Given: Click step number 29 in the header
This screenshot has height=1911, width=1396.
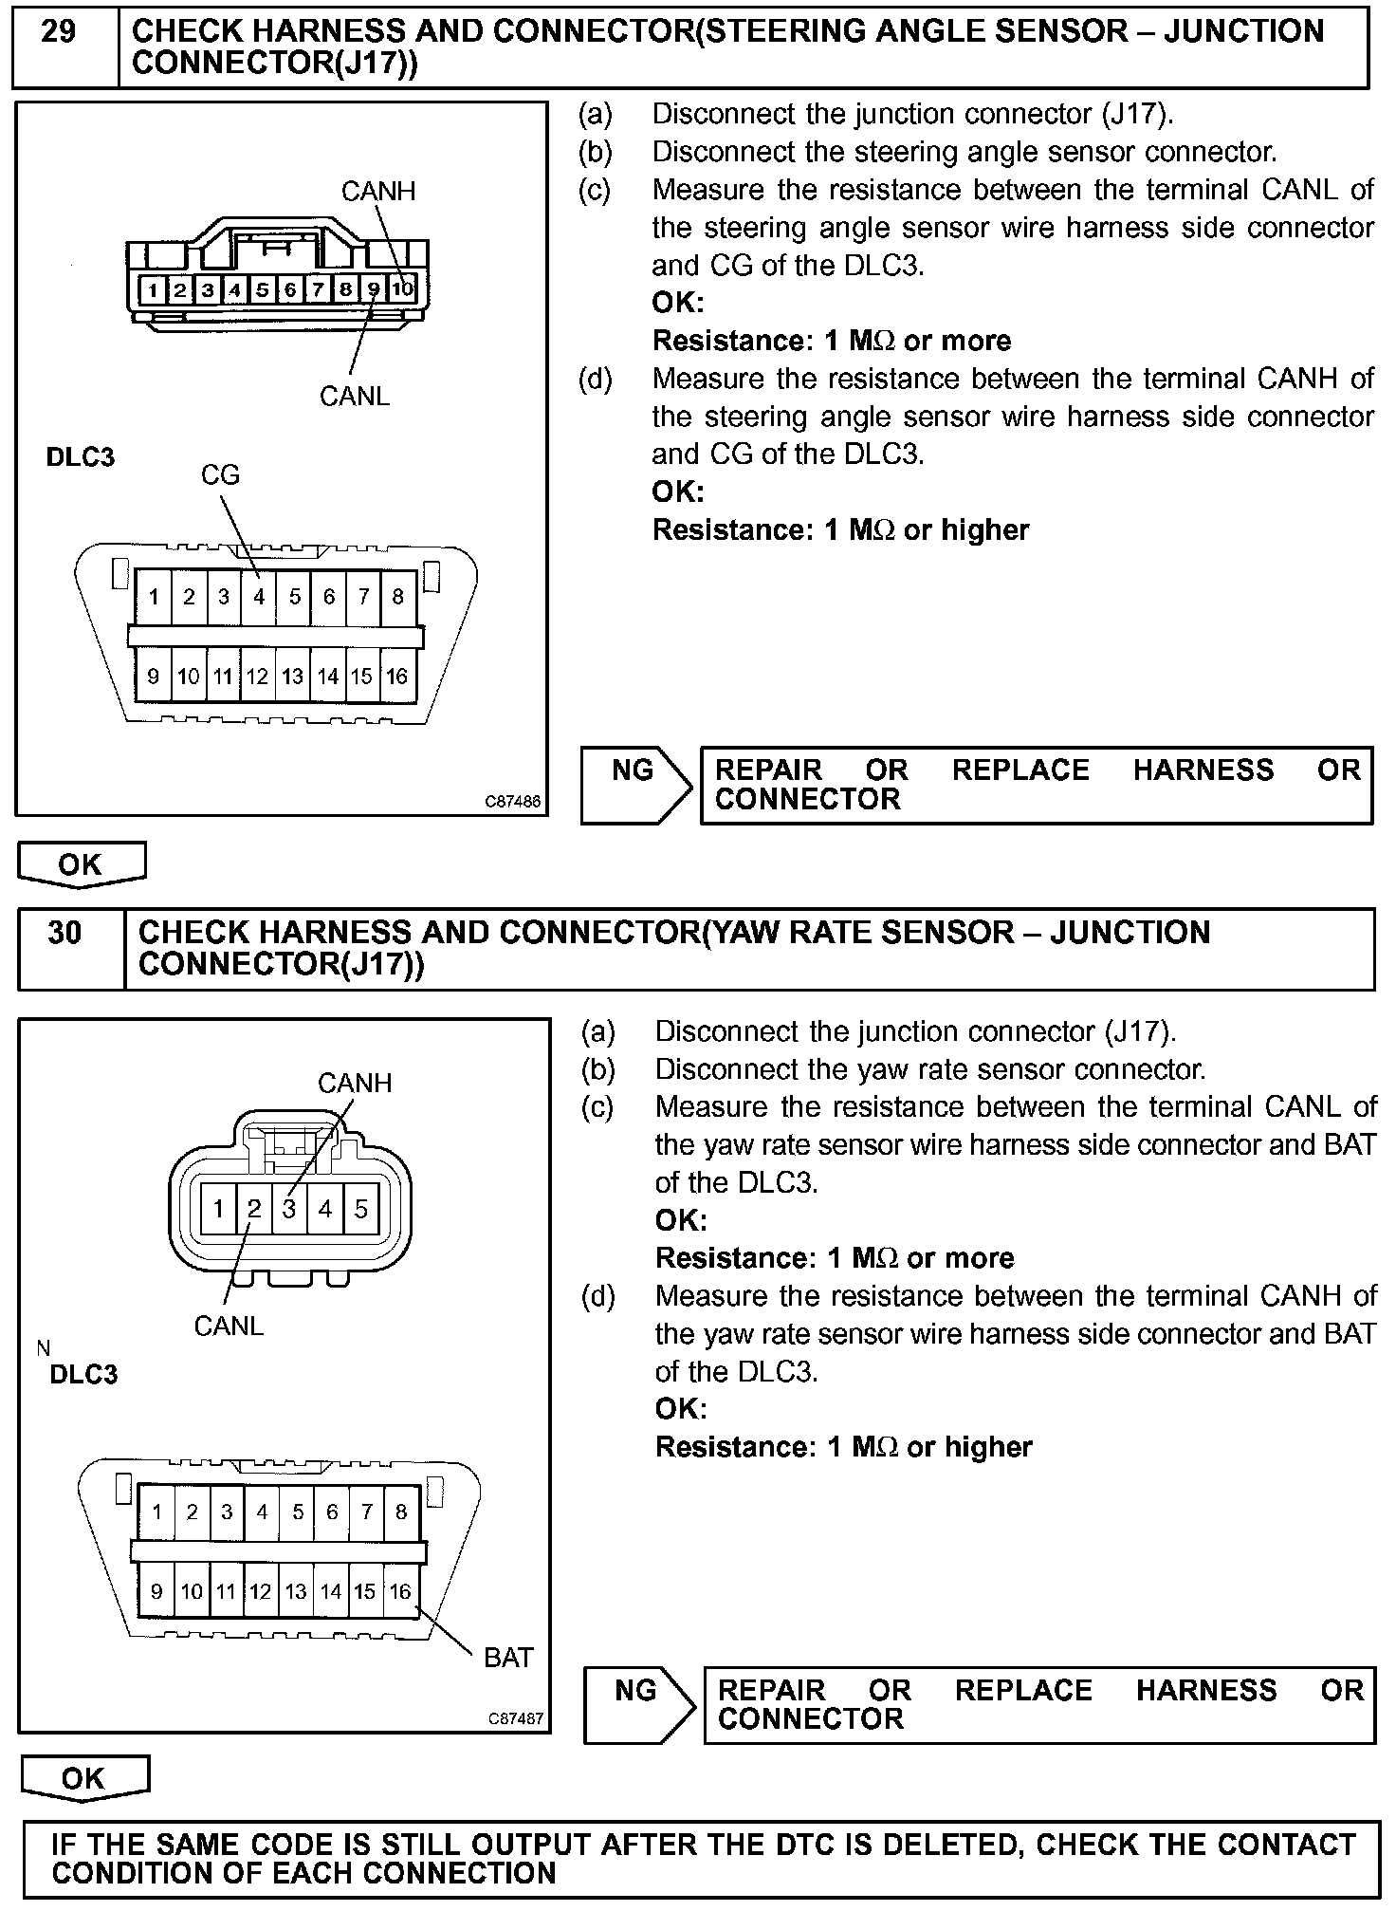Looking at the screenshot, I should (x=59, y=32).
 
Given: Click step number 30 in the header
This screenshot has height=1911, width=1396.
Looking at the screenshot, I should (x=64, y=933).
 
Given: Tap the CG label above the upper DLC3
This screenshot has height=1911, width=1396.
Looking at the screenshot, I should (x=220, y=474).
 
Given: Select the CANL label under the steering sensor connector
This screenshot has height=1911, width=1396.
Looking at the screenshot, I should (x=355, y=396).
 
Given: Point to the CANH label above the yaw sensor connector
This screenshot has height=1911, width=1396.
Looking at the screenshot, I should (x=355, y=1083).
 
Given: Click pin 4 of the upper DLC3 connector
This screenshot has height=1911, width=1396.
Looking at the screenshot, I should (x=259, y=597).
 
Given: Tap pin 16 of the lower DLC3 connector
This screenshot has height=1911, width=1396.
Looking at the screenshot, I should (x=400, y=1591).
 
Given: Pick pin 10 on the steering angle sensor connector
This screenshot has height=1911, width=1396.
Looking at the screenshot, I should (x=403, y=288).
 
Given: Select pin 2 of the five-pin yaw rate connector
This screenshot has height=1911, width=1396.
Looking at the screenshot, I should (x=254, y=1209).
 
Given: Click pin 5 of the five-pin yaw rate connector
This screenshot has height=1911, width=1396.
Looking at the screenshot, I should (x=361, y=1209).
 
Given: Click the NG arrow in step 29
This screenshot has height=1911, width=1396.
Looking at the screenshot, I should (x=634, y=784).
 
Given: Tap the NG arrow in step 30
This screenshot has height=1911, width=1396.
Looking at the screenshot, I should (x=637, y=1704).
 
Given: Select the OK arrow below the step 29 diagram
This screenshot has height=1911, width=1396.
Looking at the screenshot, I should (x=81, y=864).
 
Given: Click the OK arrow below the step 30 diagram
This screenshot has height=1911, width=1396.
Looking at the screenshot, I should (x=83, y=1778).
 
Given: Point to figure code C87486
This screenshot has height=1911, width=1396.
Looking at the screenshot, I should (x=513, y=802).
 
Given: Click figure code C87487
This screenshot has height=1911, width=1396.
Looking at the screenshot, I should (x=516, y=1719).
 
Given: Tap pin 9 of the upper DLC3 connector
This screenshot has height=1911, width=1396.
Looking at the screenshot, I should (x=154, y=677).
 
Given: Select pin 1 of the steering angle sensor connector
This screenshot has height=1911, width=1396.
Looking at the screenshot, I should (x=153, y=288).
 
